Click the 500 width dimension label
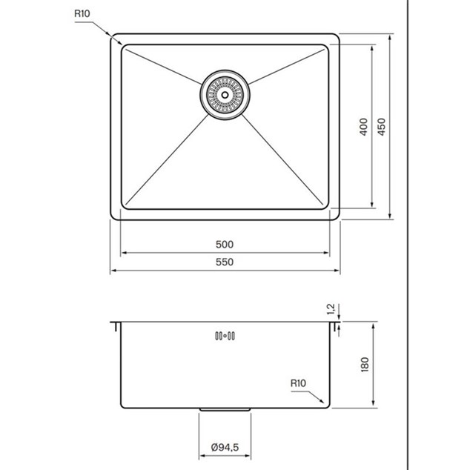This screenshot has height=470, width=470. (225, 245)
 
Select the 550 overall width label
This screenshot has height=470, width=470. (225, 262)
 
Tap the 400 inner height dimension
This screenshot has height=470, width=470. (363, 127)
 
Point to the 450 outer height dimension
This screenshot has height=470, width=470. (381, 127)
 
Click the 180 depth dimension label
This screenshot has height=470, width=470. (365, 365)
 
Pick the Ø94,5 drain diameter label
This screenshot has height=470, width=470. (225, 447)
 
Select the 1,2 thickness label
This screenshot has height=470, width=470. (331, 309)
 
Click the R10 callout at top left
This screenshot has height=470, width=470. (82, 13)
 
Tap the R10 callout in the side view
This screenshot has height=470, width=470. (298, 383)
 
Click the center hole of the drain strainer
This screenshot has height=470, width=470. (225, 95)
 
